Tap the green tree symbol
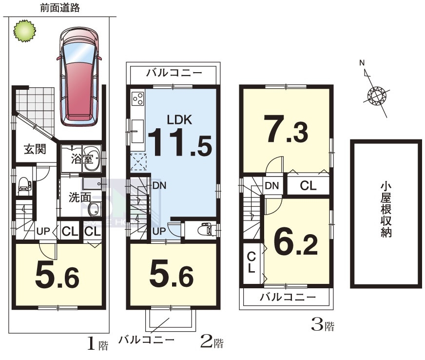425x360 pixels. click(x=25, y=31)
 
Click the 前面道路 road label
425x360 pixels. click(x=60, y=8)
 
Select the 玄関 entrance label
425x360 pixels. click(x=35, y=149)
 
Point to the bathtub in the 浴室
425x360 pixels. click(x=92, y=159)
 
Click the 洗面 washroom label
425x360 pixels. click(x=79, y=197)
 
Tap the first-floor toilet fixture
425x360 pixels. click(x=24, y=186)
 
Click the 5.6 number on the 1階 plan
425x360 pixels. click(x=57, y=276)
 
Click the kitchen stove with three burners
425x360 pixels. click(x=138, y=99)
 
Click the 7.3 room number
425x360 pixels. click(x=287, y=129)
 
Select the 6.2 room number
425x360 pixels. click(x=296, y=242)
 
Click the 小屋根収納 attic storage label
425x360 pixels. click(x=386, y=210)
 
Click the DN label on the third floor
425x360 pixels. click(x=272, y=186)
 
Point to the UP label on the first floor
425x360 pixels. click(x=43, y=231)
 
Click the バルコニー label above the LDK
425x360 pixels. click(x=174, y=73)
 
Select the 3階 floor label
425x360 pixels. click(x=323, y=325)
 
